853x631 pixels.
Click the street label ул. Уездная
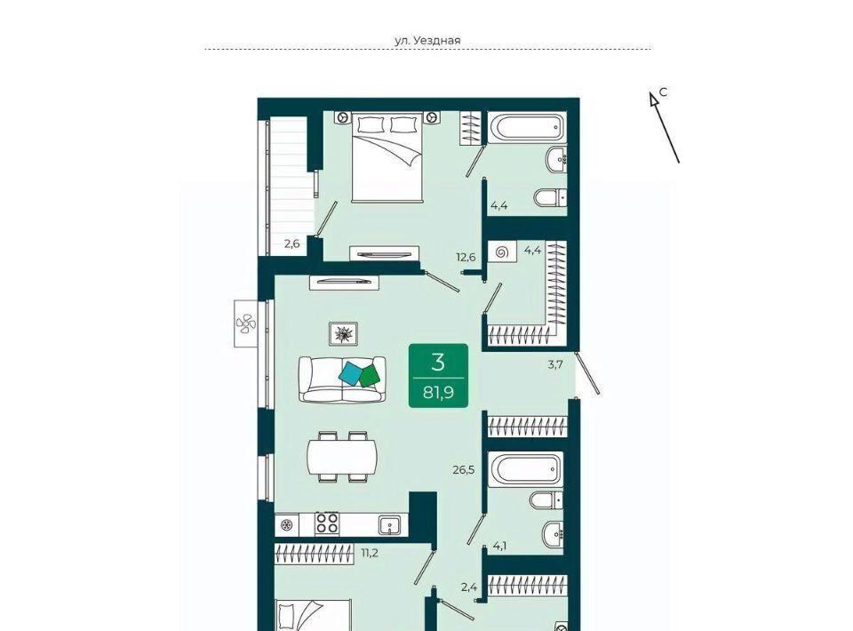[427, 40]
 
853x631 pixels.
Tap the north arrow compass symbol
[665, 127]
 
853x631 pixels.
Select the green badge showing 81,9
[438, 375]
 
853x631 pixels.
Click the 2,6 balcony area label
[292, 244]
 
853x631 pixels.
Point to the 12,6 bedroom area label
[466, 257]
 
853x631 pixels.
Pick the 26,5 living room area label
[464, 469]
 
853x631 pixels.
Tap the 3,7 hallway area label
[554, 364]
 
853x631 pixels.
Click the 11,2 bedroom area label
[370, 553]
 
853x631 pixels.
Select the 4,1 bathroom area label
[498, 546]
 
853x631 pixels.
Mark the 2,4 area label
[469, 587]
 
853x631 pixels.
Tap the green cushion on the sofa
[370, 376]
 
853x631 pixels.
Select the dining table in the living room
[341, 457]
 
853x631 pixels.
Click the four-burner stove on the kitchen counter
[327, 523]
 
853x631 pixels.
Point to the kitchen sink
[389, 525]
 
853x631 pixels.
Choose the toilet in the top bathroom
[550, 197]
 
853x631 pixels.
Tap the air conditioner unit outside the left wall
[246, 323]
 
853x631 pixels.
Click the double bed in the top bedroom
[387, 157]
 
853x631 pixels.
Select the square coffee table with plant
[343, 333]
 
